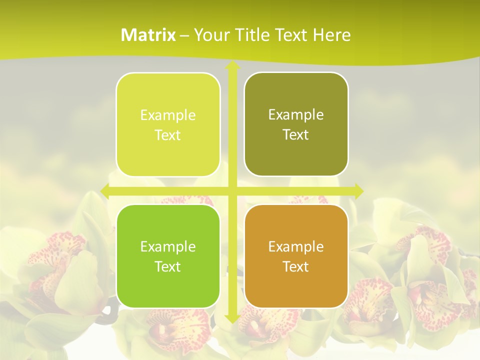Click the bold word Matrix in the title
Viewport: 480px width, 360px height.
click(148, 35)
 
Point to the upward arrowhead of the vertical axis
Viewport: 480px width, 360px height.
click(232, 66)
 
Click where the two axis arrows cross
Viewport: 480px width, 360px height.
click(232, 190)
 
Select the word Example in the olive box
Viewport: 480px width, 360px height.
click(296, 114)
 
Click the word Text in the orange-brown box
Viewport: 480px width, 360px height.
click(296, 266)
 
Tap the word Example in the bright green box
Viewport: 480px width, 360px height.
click(168, 246)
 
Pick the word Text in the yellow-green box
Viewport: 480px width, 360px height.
click(168, 135)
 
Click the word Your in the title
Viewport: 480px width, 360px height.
click(209, 35)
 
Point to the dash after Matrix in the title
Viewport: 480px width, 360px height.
click(184, 35)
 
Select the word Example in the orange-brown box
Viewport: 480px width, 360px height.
click(296, 246)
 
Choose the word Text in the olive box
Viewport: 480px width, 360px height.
click(296, 135)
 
